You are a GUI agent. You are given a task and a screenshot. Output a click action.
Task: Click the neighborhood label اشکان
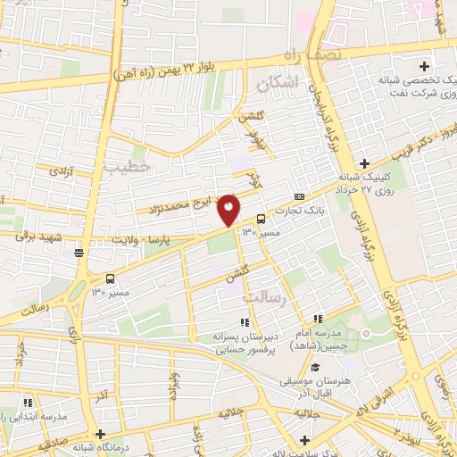coord(275,85)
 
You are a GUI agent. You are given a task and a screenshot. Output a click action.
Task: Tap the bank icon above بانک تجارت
coord(299,197)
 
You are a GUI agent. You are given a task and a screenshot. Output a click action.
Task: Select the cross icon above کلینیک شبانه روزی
coord(364,163)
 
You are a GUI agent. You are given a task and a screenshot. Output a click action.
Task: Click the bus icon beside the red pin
coord(261,219)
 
